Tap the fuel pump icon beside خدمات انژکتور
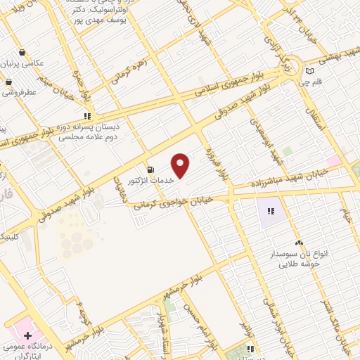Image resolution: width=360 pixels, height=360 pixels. (x=150, y=169)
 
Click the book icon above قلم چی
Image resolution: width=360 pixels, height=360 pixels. (x=311, y=71)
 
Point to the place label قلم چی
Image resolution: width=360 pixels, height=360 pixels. (x=312, y=82)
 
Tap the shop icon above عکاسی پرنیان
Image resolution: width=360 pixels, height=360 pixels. (x=22, y=53)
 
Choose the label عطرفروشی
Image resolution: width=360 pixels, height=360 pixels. (x=20, y=91)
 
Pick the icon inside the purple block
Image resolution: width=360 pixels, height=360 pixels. (x=271, y=210)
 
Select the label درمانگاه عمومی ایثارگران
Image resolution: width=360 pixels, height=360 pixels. (x=28, y=352)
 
